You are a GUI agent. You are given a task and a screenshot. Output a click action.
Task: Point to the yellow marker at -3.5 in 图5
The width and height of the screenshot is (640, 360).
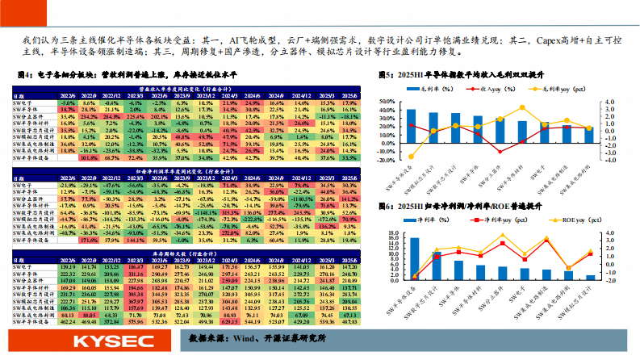[412, 157]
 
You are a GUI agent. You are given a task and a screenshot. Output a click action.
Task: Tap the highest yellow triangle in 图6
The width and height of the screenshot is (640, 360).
[503, 236]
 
